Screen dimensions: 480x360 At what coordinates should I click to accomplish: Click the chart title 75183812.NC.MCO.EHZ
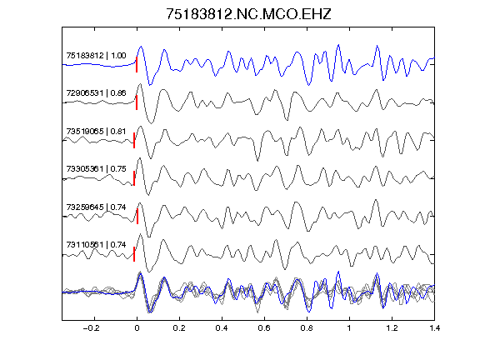248,14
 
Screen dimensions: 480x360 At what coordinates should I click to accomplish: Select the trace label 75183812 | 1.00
96,55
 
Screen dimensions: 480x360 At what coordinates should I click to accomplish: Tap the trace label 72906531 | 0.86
96,93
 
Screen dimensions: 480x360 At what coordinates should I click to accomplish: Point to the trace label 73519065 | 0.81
96,132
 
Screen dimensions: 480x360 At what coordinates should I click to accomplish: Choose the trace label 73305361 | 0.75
96,169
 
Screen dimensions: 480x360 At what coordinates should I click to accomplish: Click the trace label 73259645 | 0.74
96,207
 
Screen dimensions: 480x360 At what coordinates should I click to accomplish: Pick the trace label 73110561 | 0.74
96,245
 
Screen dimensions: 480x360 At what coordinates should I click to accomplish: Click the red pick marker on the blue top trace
137,65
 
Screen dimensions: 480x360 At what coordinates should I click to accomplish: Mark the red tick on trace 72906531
137,102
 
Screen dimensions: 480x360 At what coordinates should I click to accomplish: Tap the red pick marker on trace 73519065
134,141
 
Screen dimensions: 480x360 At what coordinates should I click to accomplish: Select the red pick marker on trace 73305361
134,178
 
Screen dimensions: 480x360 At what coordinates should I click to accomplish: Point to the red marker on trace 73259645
137,217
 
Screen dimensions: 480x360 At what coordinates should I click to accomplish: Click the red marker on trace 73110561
134,254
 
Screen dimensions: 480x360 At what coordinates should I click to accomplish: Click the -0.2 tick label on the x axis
92,328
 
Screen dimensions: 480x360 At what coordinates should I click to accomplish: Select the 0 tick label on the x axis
137,328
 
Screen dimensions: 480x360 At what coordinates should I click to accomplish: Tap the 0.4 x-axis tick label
222,328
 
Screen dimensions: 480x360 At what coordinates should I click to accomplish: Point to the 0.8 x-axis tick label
307,328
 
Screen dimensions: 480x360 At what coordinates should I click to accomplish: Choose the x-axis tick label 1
349,328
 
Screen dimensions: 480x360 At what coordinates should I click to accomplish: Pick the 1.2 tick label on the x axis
392,328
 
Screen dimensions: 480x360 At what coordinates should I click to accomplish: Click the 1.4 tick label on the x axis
434,328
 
